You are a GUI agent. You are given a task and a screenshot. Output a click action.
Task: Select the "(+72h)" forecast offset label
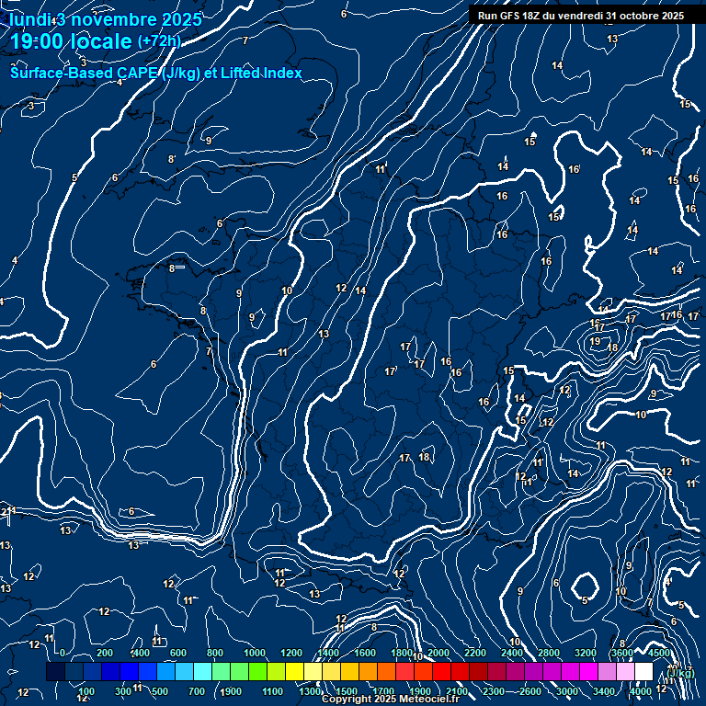click(159, 41)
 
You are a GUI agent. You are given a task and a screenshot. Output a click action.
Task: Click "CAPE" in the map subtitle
click(136, 73)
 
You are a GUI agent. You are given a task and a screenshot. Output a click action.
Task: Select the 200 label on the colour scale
click(105, 653)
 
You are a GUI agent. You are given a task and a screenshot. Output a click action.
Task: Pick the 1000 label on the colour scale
click(255, 653)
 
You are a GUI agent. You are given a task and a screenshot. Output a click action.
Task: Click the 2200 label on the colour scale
click(475, 653)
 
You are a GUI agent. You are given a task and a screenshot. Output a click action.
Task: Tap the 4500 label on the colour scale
click(659, 653)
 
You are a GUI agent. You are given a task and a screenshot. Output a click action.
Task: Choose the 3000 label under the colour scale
click(567, 691)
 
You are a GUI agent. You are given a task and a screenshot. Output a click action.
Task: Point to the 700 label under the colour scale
click(197, 691)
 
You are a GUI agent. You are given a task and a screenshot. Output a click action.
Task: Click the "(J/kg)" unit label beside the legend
click(680, 673)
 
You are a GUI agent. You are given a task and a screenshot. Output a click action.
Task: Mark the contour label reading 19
click(595, 341)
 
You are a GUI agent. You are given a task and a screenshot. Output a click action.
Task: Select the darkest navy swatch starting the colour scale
click(55, 673)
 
